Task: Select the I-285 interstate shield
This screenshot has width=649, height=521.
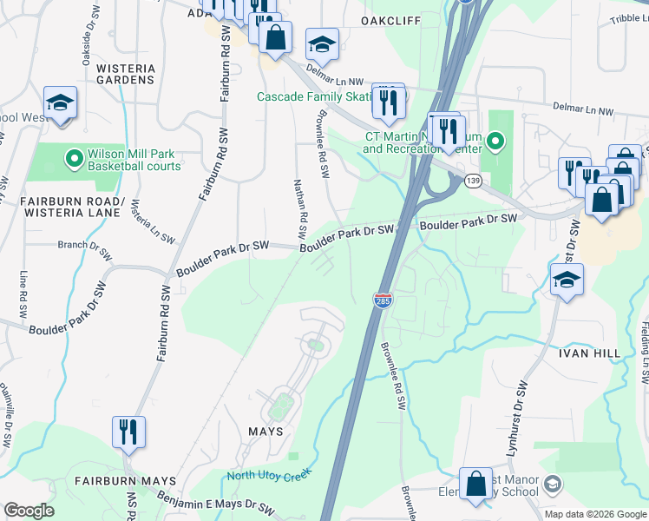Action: pyautogui.click(x=383, y=300)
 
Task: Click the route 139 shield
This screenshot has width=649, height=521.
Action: pyautogui.click(x=473, y=180)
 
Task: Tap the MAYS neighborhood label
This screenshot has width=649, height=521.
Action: pyautogui.click(x=265, y=432)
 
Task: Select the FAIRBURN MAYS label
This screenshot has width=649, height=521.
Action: pyautogui.click(x=125, y=480)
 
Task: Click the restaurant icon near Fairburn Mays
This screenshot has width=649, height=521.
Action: pyautogui.click(x=128, y=432)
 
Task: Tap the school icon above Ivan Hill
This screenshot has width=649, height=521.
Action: pyautogui.click(x=567, y=280)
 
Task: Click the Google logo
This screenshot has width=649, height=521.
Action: pyautogui.click(x=29, y=511)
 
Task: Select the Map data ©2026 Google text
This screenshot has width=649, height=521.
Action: pyautogui.click(x=595, y=514)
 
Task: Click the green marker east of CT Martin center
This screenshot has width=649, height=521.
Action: pyautogui.click(x=495, y=140)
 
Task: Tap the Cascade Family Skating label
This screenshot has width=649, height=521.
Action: pyautogui.click(x=314, y=96)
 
